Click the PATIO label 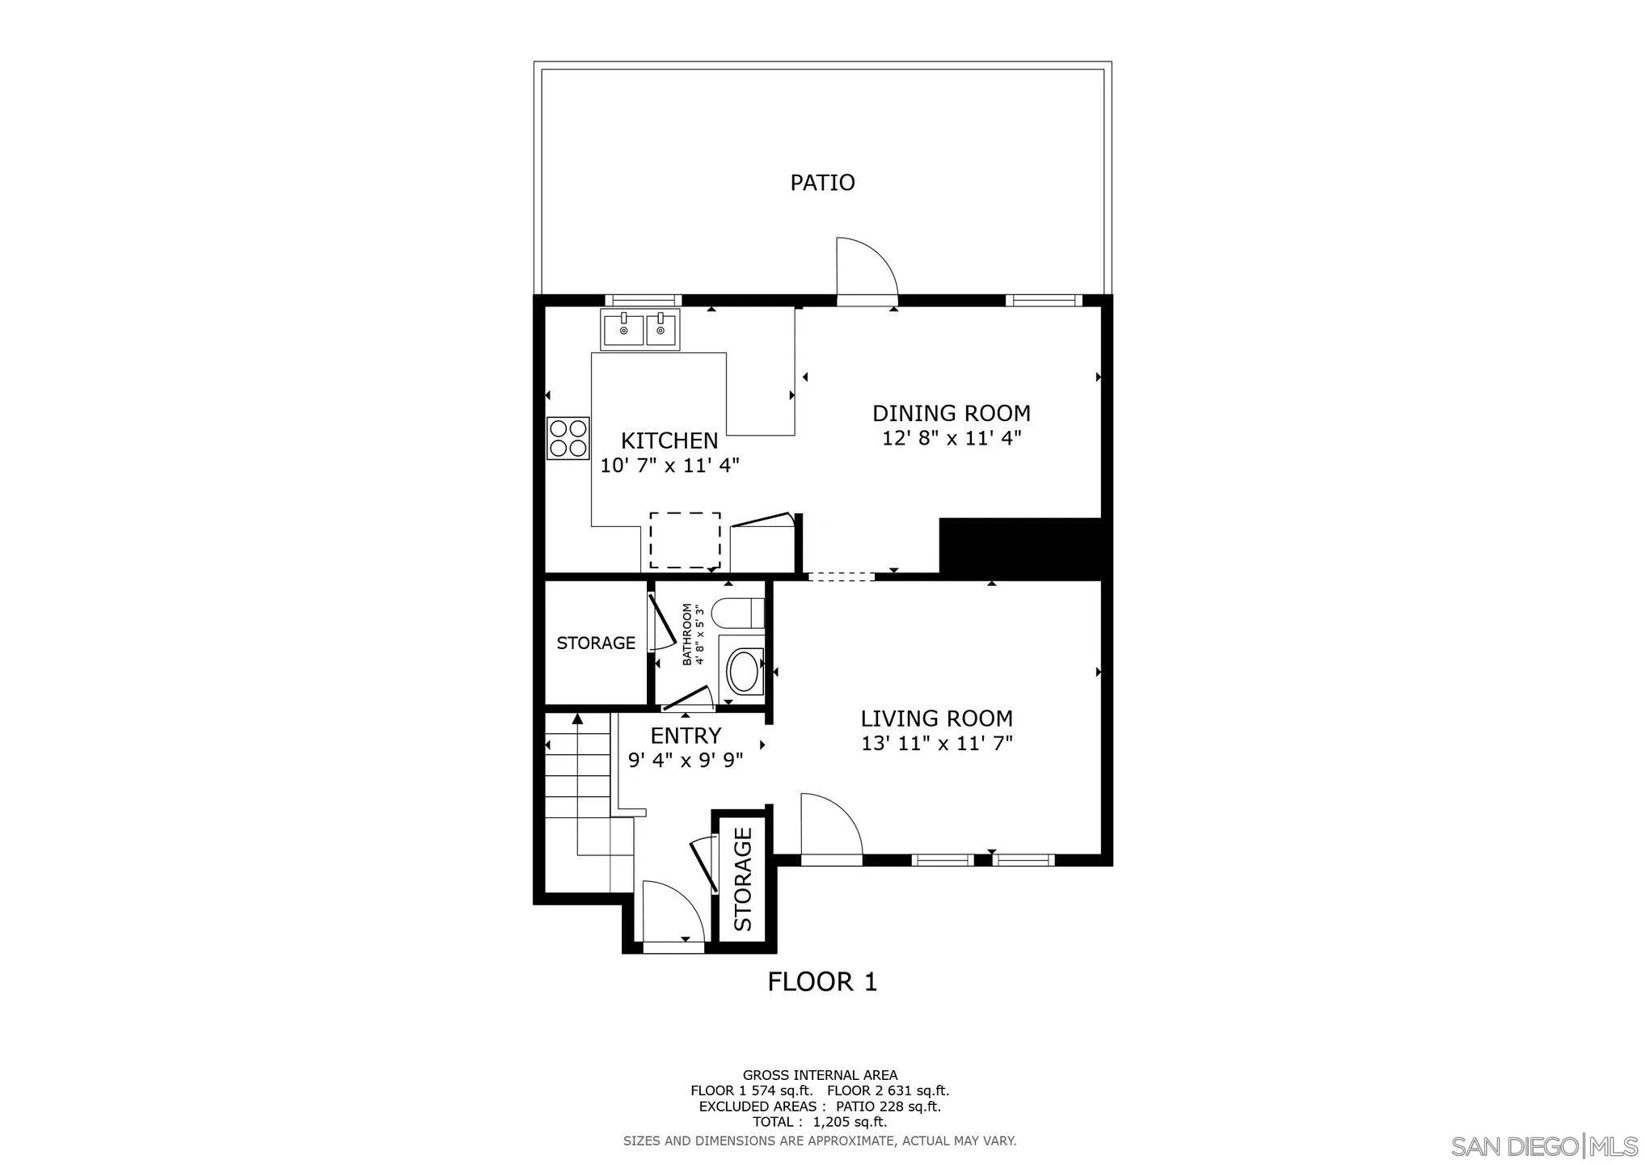point(822,183)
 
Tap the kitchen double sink point(640,330)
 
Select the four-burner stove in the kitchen point(568,438)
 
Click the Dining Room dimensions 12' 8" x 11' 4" point(952,439)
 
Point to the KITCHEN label point(669,441)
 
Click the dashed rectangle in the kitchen point(685,540)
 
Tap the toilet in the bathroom point(740,614)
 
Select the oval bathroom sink point(744,671)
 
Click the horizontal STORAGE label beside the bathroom point(596,643)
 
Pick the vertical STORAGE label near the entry point(743,878)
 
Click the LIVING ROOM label point(936,719)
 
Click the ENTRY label point(686,736)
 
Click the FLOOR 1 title point(822,982)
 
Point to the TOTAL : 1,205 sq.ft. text point(820,1122)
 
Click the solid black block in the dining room point(1020,548)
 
